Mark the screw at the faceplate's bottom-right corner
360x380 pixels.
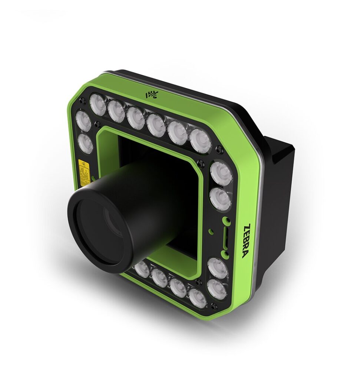[x=213, y=306]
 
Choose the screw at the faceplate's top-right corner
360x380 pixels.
[x=220, y=149]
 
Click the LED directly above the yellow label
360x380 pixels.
[x=86, y=144]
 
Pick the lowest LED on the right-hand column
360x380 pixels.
[x=217, y=289]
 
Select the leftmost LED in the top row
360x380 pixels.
[x=98, y=104]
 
